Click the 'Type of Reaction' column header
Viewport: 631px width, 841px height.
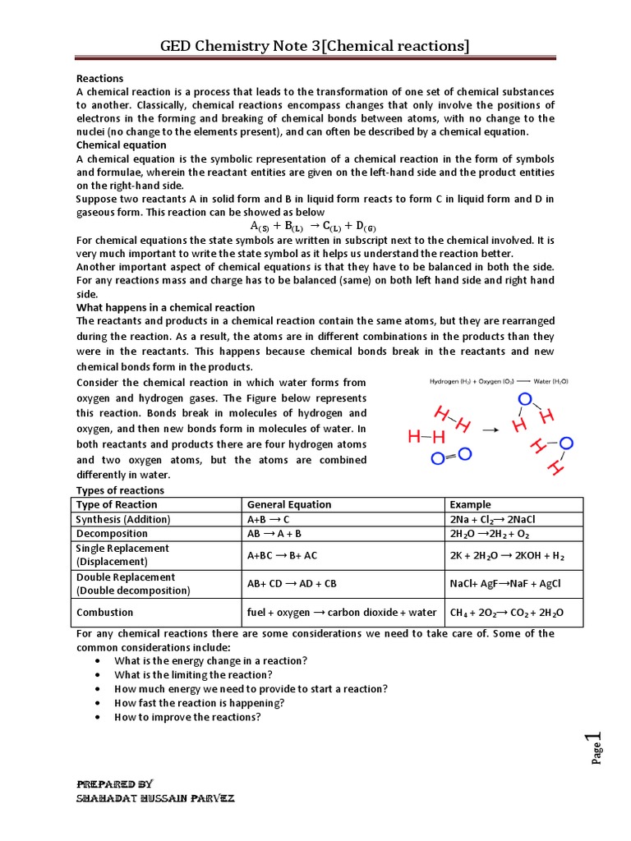116,504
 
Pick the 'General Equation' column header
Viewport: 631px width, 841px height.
289,504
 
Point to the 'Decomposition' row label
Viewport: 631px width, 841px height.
112,534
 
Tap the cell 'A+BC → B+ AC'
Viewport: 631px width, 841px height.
282,555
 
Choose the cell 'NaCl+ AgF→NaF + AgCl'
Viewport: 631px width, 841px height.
504,583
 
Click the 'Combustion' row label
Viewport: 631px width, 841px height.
104,613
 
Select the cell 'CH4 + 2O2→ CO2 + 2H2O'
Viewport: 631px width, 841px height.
507,613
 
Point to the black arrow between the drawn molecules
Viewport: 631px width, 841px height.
490,430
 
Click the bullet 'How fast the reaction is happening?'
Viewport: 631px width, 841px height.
200,703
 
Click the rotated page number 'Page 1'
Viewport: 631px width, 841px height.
598,747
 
